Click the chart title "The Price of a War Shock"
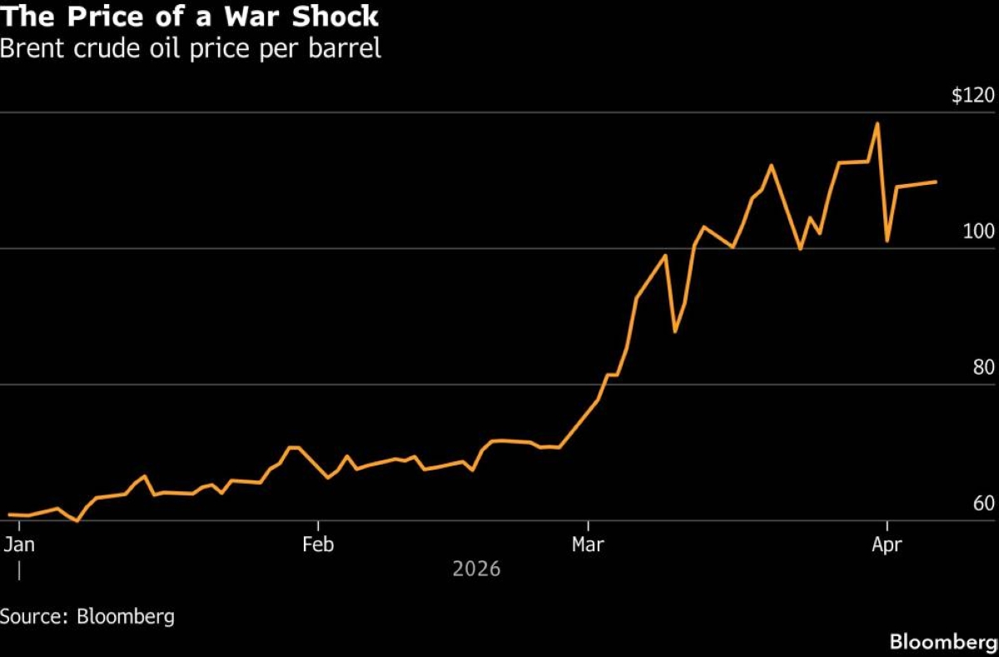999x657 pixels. click(x=190, y=16)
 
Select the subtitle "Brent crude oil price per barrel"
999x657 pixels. click(x=191, y=48)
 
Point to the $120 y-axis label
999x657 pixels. click(x=973, y=96)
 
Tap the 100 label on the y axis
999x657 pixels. click(x=978, y=231)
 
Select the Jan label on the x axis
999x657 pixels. click(x=18, y=545)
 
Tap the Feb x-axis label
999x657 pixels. click(x=318, y=545)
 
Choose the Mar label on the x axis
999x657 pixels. click(x=589, y=545)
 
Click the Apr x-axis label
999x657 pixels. click(x=887, y=545)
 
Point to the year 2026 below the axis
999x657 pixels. click(x=476, y=569)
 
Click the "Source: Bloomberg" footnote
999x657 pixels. click(x=87, y=617)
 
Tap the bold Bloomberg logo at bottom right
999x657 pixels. click(x=942, y=642)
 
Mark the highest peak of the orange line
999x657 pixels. click(x=877, y=123)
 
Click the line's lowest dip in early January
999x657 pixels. click(x=77, y=521)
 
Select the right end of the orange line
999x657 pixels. click(x=937, y=182)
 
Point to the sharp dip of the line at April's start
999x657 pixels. click(x=887, y=241)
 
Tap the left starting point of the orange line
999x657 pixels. click(x=8, y=515)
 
